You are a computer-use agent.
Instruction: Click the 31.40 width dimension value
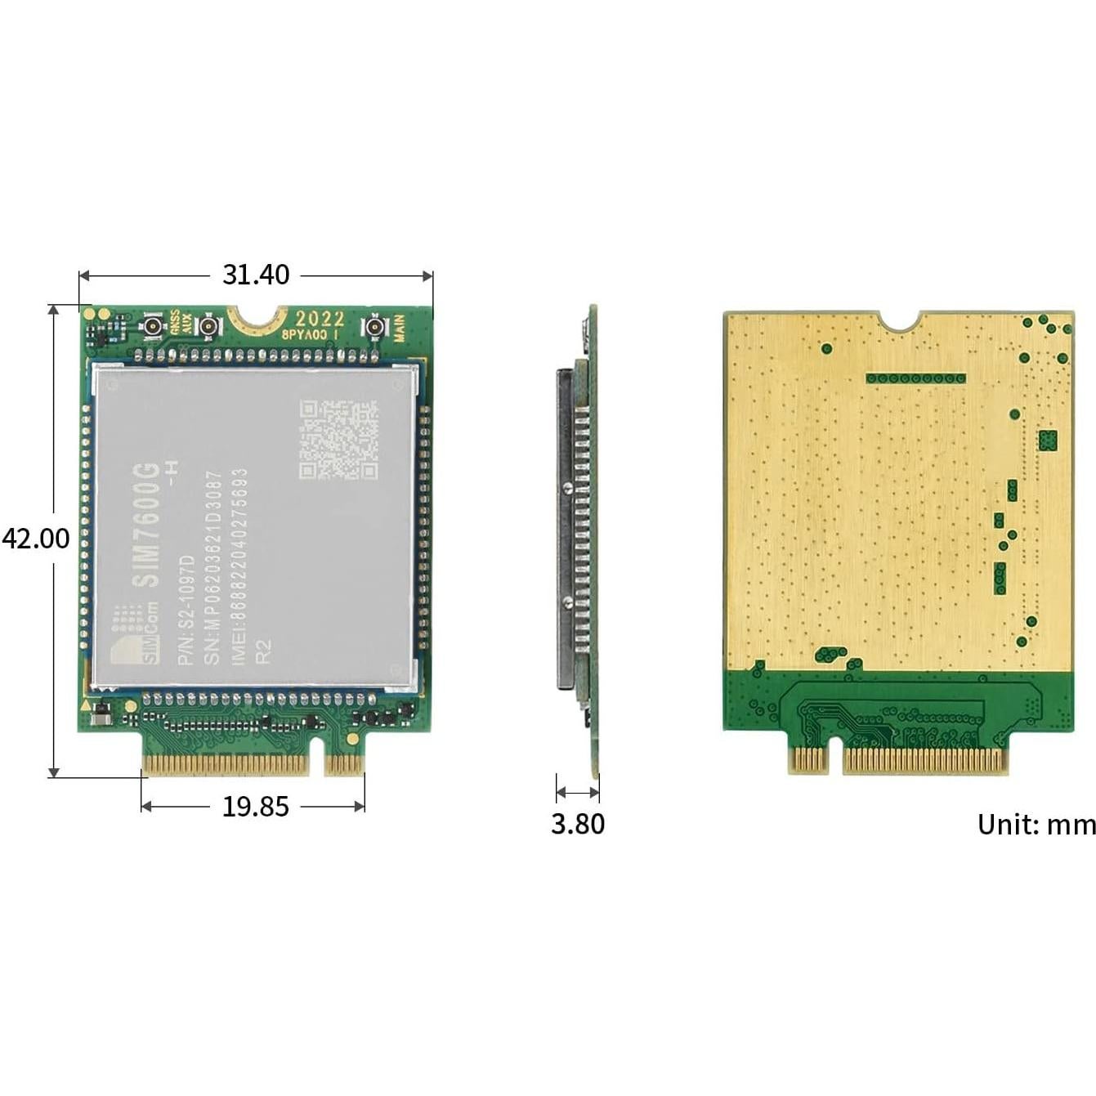(256, 275)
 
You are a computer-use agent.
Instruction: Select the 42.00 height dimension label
(35, 539)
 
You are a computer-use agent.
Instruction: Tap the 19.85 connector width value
(256, 807)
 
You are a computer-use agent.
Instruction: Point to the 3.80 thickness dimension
(578, 824)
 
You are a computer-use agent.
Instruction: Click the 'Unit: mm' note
(1036, 825)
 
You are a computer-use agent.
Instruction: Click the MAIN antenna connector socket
(375, 328)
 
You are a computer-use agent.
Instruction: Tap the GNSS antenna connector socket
(152, 328)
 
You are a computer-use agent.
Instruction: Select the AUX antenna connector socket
(208, 328)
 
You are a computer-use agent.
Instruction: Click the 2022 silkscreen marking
(320, 318)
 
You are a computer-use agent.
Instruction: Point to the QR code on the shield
(338, 440)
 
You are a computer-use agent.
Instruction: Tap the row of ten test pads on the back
(915, 379)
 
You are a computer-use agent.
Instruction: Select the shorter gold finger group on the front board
(344, 765)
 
